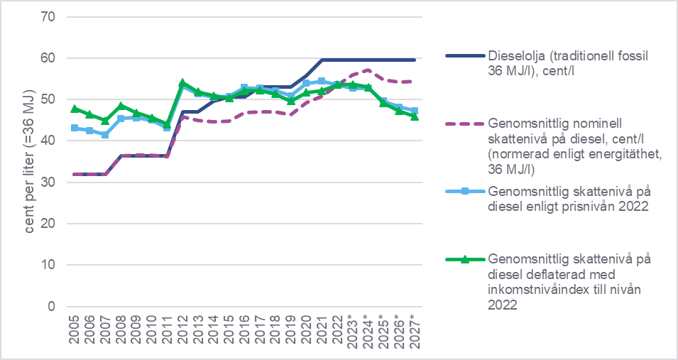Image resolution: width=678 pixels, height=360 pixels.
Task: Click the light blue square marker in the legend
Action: point(464,192)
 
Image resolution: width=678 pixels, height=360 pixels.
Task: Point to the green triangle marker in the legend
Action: point(464,259)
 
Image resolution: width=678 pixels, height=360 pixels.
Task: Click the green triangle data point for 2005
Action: point(75,109)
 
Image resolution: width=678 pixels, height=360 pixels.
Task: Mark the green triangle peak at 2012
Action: point(182,83)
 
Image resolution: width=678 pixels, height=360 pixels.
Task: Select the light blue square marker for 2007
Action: point(105,135)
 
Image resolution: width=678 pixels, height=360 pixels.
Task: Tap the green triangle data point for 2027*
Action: point(414,116)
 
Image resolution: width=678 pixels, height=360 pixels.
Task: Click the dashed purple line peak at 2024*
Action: point(368,70)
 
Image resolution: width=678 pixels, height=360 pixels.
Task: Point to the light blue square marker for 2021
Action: point(322,81)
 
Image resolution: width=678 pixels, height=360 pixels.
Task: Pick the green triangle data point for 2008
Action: point(121,106)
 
